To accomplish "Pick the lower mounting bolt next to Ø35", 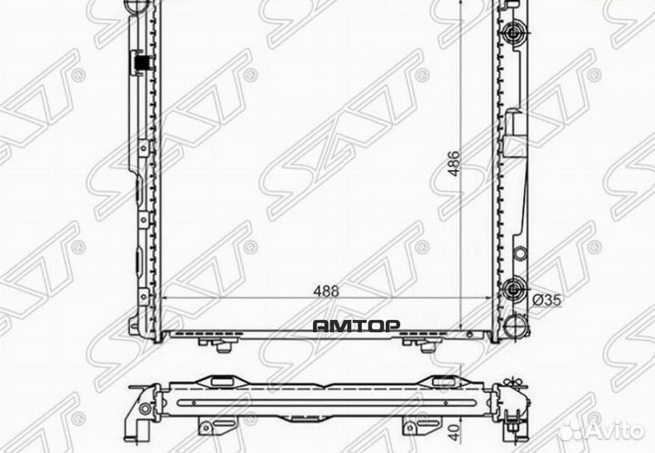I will point(515,288).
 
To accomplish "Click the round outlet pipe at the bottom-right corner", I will point(515,325).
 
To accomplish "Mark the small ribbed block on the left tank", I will point(141,63).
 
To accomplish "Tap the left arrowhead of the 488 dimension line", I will point(165,299).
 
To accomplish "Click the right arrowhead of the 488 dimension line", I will point(496,299).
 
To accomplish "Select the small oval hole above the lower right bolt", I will point(519,252).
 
